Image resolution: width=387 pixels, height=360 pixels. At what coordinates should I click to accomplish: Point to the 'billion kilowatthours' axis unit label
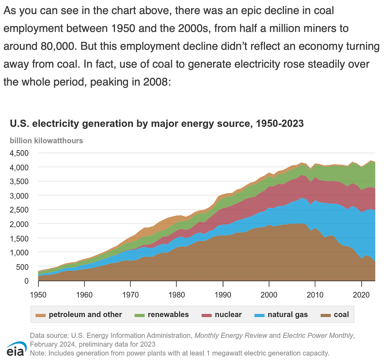click(46, 140)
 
